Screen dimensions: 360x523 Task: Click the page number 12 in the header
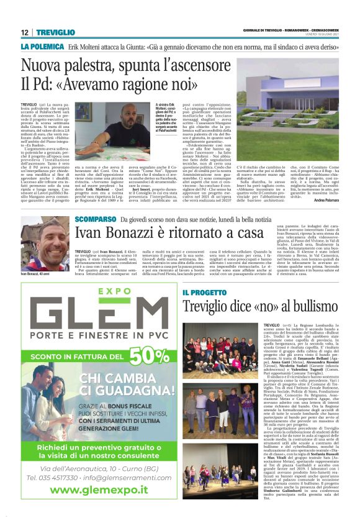(x=25, y=32)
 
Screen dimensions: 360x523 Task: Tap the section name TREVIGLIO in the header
(x=56, y=32)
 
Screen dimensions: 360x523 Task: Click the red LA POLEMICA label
(x=42, y=47)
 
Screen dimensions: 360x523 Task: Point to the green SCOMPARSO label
(x=95, y=219)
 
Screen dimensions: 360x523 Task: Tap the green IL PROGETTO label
(x=204, y=292)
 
